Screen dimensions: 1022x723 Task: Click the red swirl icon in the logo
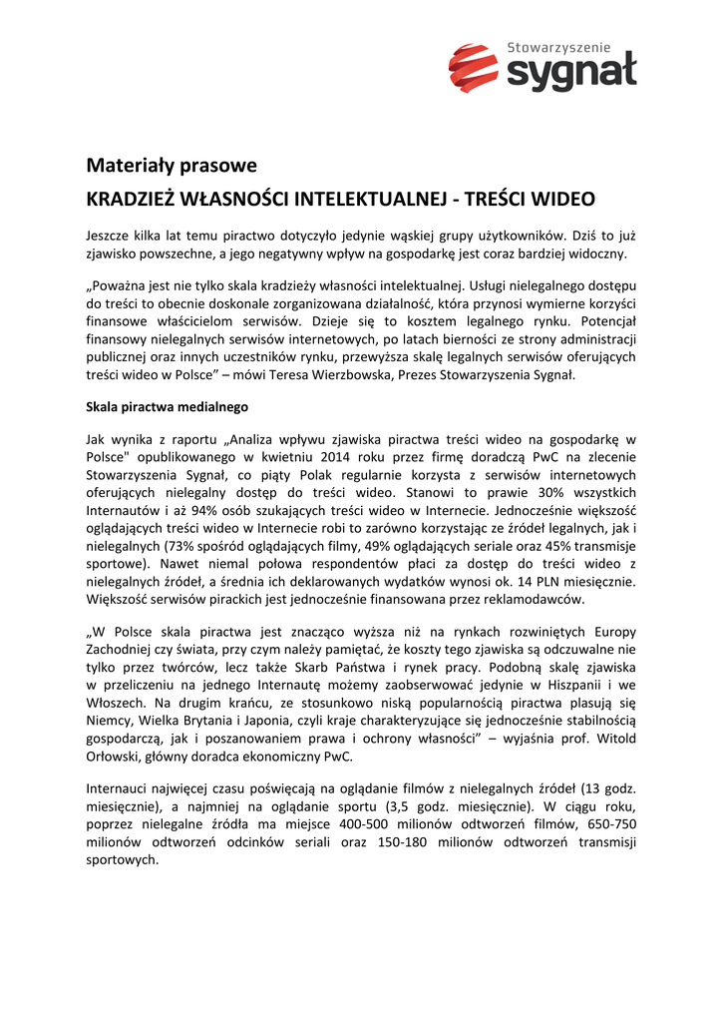(x=473, y=69)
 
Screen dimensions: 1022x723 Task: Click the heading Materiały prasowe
(x=172, y=165)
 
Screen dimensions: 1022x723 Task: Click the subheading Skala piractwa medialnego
(x=167, y=407)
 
